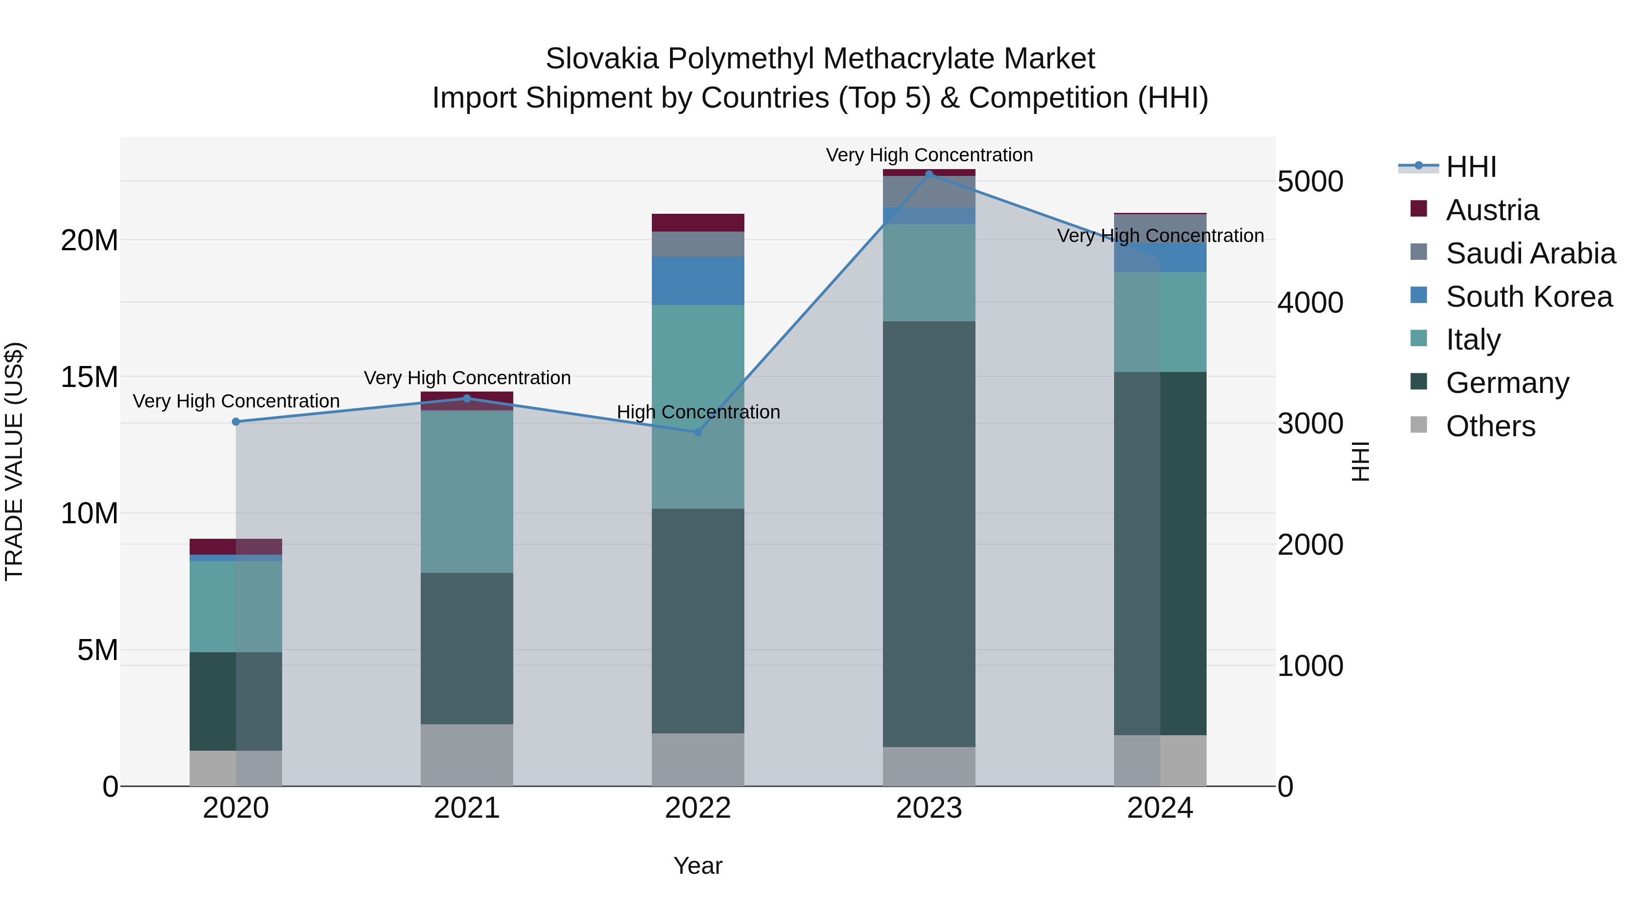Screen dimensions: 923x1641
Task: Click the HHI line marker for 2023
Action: click(x=929, y=174)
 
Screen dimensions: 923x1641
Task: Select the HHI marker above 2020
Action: click(x=236, y=422)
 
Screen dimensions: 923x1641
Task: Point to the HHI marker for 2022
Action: click(x=697, y=432)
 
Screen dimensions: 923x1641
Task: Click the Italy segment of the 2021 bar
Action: click(x=467, y=492)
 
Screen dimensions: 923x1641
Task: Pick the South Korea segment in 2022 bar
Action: click(x=697, y=281)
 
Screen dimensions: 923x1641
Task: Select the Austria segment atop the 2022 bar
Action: click(x=697, y=223)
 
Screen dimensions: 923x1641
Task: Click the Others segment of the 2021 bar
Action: click(x=467, y=755)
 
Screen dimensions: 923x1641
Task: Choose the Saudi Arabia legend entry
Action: click(x=1530, y=253)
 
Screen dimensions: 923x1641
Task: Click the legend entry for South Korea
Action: click(x=1528, y=297)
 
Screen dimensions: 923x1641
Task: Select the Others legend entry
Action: click(x=1490, y=426)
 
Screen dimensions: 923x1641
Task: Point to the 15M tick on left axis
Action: click(x=89, y=377)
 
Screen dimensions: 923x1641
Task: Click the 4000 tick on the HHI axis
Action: click(x=1310, y=303)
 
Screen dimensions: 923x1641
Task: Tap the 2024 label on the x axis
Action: click(x=1159, y=808)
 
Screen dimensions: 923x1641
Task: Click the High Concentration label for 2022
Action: click(x=698, y=412)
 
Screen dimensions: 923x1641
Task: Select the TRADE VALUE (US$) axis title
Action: click(x=14, y=461)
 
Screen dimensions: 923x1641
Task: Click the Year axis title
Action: click(x=697, y=866)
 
